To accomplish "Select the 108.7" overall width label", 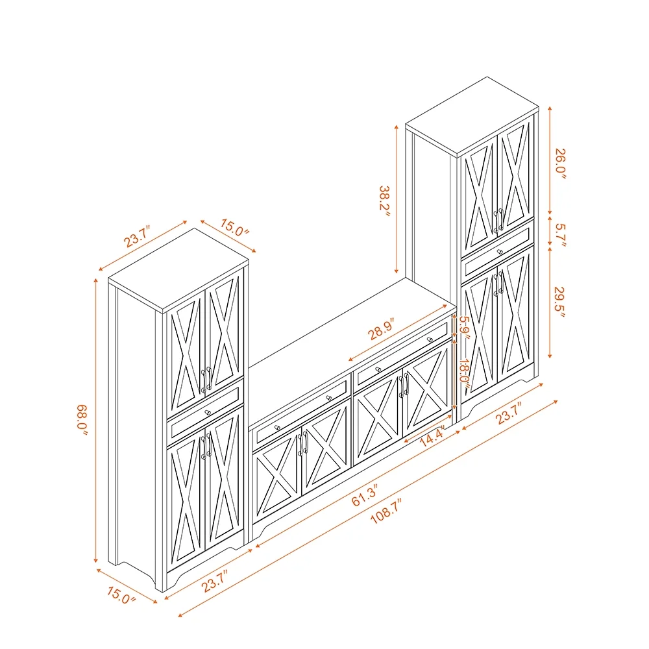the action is tap(386, 511).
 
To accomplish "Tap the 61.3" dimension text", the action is tap(365, 495).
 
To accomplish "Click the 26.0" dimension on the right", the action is tap(560, 164).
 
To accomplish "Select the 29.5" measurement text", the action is tap(559, 302).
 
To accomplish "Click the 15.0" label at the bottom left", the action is tap(121, 595).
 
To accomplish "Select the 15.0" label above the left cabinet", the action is tap(234, 228).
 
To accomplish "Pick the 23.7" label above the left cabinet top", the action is tap(137, 236).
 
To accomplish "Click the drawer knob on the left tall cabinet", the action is tap(208, 412).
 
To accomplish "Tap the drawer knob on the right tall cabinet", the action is tap(500, 251).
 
